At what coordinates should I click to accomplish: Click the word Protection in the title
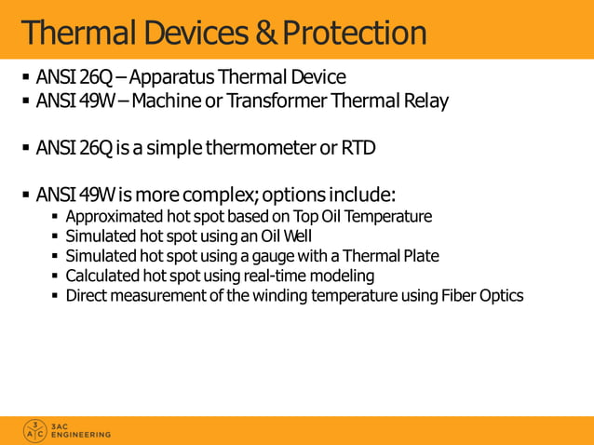pyautogui.click(x=355, y=34)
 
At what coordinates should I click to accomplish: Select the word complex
pyautogui.click(x=216, y=196)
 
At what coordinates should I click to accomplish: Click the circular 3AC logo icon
pyautogui.click(x=34, y=430)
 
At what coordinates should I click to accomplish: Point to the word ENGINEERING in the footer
pyautogui.click(x=81, y=435)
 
